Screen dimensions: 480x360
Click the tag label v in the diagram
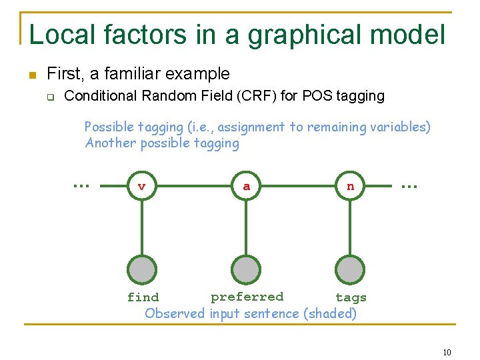click(x=141, y=187)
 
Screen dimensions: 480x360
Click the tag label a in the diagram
click(x=246, y=187)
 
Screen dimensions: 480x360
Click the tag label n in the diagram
click(x=351, y=187)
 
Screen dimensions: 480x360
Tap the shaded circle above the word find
click(x=142, y=270)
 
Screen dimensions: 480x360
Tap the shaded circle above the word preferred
click(x=246, y=270)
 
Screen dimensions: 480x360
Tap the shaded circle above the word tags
click(x=351, y=270)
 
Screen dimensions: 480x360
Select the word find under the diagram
click(x=143, y=298)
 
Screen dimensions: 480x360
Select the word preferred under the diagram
click(x=247, y=297)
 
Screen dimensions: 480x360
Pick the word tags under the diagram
click(x=351, y=298)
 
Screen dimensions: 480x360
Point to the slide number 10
click(x=447, y=352)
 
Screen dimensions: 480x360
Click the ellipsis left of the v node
click(x=81, y=185)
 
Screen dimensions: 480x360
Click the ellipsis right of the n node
click(x=408, y=187)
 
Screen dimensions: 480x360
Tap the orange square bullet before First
click(x=31, y=75)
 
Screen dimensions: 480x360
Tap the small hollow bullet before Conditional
click(x=49, y=97)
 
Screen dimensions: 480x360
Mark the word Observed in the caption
click(x=175, y=313)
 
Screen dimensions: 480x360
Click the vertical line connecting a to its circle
click(x=246, y=227)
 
